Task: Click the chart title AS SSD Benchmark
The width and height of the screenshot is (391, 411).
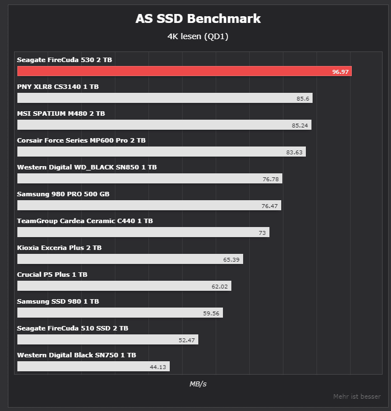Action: (198, 18)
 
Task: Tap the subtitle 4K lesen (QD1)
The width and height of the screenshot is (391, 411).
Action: (198, 37)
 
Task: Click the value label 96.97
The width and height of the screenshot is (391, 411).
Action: (340, 72)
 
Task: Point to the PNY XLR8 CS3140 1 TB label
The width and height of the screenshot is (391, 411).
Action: (58, 87)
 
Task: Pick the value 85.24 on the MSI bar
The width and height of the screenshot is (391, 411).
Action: (300, 125)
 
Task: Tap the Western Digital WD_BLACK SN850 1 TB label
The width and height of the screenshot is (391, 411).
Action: (87, 167)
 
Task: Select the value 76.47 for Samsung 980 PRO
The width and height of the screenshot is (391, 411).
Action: (270, 206)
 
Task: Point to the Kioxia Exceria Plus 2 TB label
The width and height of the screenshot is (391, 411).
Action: (59, 248)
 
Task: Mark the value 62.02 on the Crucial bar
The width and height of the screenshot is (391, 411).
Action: (220, 286)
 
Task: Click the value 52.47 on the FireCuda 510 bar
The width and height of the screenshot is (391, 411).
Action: (187, 340)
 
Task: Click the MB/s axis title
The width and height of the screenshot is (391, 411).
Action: (198, 384)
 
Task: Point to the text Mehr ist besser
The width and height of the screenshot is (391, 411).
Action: (357, 396)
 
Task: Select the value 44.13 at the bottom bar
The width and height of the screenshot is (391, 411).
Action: (159, 367)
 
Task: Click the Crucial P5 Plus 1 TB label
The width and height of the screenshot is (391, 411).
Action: (52, 275)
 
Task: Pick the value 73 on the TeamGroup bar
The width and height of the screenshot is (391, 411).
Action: (262, 233)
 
